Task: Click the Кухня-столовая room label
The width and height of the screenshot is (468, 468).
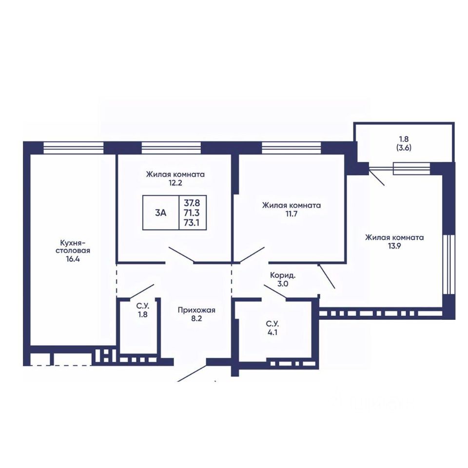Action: tap(73, 246)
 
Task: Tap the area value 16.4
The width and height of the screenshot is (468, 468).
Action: tap(73, 259)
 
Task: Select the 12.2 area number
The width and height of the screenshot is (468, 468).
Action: tap(175, 183)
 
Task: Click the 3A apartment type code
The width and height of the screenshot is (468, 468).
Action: tap(160, 213)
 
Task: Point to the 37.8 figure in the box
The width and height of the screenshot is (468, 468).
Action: tap(192, 203)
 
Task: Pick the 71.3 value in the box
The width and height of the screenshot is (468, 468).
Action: tap(192, 213)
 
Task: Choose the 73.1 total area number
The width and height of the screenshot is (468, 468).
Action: tap(192, 223)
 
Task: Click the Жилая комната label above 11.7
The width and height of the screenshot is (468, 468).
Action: tap(292, 205)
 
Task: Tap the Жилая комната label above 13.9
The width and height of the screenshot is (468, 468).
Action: tap(394, 237)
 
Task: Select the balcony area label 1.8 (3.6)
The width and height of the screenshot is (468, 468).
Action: tap(404, 143)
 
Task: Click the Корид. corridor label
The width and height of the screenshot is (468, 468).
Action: tap(283, 275)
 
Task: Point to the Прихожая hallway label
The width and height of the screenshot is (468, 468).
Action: tap(196, 310)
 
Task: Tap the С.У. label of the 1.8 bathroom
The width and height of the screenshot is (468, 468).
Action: tap(143, 306)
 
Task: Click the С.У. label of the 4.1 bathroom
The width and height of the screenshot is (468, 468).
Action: tap(272, 324)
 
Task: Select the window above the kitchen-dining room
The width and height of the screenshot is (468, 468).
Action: tap(74, 148)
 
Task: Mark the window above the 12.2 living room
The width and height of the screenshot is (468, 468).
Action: tap(171, 148)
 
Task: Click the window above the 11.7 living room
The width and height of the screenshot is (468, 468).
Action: tap(292, 148)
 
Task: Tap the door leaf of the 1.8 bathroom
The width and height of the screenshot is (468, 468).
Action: tap(142, 292)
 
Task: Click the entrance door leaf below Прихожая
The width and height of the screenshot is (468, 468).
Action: tap(192, 372)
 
